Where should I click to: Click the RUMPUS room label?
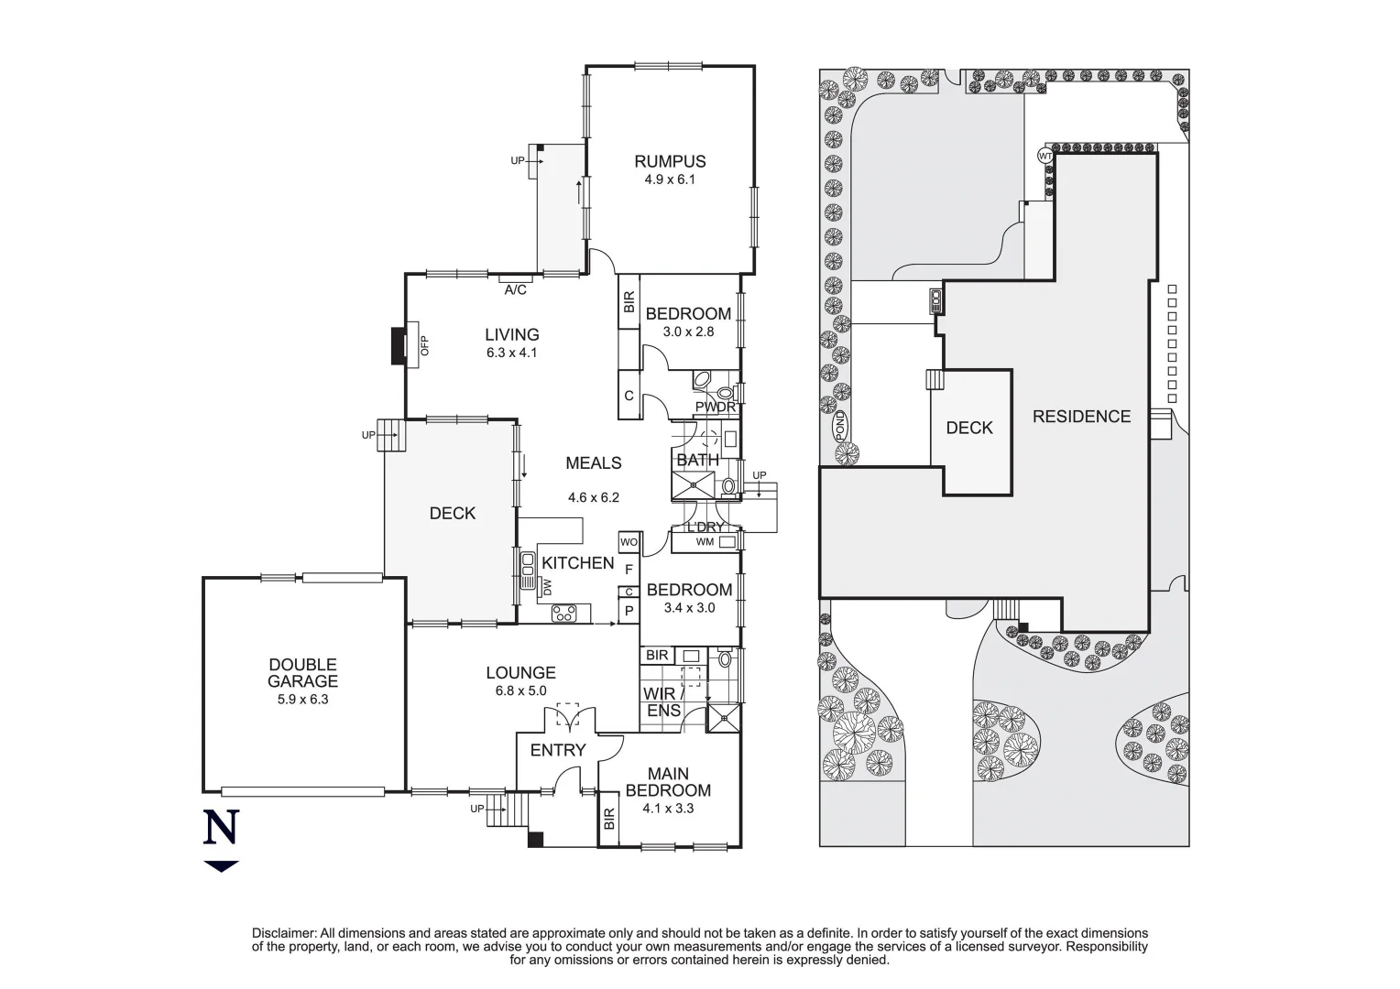[670, 162]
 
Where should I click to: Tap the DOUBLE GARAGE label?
[302, 673]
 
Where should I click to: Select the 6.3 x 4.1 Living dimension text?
[512, 353]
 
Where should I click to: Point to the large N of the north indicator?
[221, 828]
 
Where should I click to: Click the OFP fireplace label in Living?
[424, 345]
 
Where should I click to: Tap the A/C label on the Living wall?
[516, 290]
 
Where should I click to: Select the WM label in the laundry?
[705, 542]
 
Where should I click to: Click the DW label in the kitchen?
[547, 586]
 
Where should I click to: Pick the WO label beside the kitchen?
[629, 542]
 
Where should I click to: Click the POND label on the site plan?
[839, 426]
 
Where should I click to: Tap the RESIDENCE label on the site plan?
[1081, 417]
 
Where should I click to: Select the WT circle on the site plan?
[1045, 156]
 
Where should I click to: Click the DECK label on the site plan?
[969, 428]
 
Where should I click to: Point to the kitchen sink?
[528, 571]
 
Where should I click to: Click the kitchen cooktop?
[563, 614]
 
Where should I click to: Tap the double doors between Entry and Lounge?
[568, 717]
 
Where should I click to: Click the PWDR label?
[714, 407]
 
